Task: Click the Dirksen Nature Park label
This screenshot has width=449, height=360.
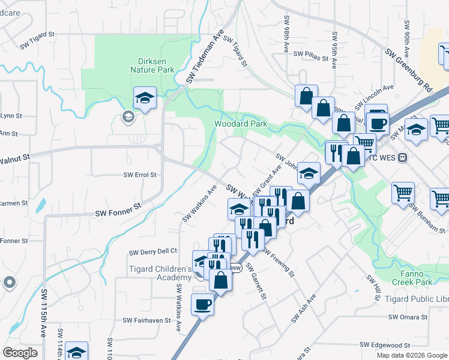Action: (x=152, y=65)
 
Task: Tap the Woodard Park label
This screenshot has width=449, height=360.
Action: (x=241, y=124)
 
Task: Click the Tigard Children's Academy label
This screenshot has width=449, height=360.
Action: (x=160, y=273)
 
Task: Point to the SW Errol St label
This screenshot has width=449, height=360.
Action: (x=140, y=175)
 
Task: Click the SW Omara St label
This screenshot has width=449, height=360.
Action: (x=408, y=317)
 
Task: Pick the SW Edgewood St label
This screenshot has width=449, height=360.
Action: (x=385, y=346)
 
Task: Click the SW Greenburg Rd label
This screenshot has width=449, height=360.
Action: (x=409, y=70)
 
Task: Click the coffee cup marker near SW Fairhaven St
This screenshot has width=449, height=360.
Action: (x=202, y=304)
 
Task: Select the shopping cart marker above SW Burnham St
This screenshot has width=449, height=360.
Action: (x=403, y=193)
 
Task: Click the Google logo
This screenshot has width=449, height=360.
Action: (x=20, y=353)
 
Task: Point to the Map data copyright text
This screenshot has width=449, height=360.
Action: (x=412, y=355)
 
